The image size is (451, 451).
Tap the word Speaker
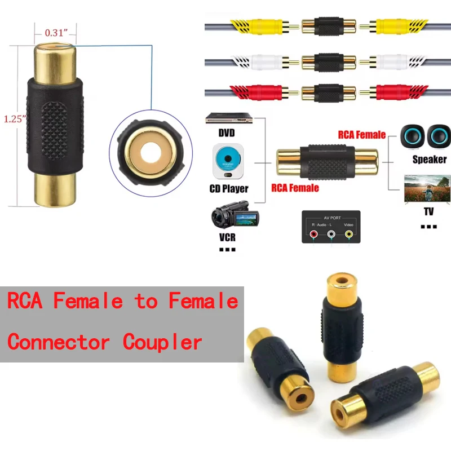click(x=429, y=160)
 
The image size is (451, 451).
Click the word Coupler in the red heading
click(x=162, y=342)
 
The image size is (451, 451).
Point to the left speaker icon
click(x=411, y=136)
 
